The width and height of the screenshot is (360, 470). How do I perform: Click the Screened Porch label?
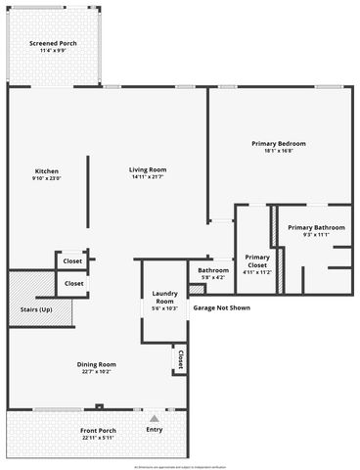tap(53, 44)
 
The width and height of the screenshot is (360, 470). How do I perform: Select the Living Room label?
tap(148, 169)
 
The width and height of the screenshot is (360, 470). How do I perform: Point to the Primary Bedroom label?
tap(271, 144)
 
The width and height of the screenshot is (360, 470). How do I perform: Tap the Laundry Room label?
tap(163, 297)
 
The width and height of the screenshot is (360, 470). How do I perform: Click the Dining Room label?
tap(97, 364)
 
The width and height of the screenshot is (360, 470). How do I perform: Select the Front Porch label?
tap(97, 430)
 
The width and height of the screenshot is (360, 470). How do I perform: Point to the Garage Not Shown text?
tap(221, 307)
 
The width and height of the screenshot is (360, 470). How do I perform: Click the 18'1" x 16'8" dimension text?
tap(271, 152)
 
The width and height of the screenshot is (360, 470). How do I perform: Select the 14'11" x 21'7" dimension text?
tap(148, 177)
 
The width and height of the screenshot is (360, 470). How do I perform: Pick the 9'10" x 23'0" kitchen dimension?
tap(45, 177)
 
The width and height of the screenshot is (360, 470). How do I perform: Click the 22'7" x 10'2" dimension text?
tap(97, 372)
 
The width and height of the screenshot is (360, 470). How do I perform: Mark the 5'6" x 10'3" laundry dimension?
tap(163, 308)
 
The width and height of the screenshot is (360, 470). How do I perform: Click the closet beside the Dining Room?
tap(180, 360)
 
